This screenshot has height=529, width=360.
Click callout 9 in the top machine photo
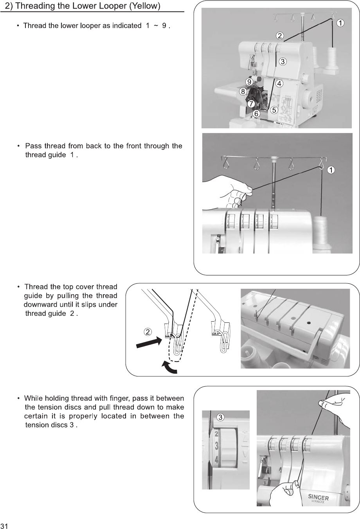[x=249, y=81]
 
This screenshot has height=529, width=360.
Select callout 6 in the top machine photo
[x=256, y=113]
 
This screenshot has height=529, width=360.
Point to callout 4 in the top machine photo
[x=279, y=83]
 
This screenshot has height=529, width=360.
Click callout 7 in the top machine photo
[x=251, y=104]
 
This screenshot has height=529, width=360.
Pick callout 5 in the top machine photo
[x=274, y=110]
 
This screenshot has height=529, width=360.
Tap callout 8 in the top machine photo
[x=243, y=92]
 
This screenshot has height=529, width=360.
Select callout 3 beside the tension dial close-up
[x=220, y=417]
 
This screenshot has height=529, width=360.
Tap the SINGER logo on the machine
[x=318, y=497]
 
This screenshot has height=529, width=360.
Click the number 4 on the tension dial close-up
[x=217, y=460]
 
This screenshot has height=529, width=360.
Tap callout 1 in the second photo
[x=331, y=169]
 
